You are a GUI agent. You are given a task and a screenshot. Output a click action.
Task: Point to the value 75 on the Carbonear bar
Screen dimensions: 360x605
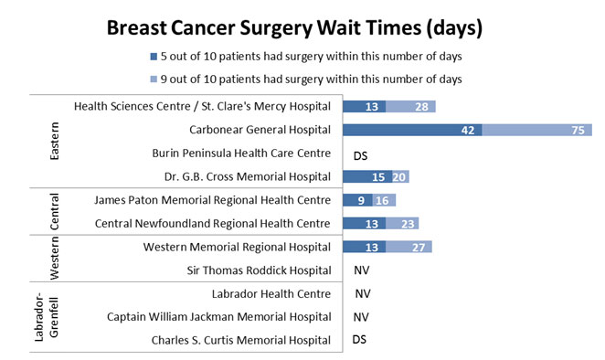point(578,131)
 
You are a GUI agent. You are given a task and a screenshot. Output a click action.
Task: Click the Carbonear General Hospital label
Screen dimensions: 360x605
point(260,130)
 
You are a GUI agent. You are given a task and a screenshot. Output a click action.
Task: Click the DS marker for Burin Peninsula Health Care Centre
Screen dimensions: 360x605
point(361,154)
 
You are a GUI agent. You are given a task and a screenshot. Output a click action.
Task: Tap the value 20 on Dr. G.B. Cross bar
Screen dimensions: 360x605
point(398,177)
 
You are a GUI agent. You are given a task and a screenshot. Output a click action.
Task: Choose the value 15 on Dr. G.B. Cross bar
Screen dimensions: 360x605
point(377,177)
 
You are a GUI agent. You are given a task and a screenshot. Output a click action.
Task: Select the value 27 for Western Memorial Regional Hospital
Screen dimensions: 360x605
point(419,248)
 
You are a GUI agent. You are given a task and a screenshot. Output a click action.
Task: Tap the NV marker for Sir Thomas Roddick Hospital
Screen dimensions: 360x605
point(362,271)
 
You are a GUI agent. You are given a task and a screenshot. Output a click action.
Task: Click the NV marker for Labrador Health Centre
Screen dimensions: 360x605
point(362,294)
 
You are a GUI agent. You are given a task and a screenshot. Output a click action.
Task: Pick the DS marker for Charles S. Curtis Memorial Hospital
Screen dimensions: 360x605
point(361,341)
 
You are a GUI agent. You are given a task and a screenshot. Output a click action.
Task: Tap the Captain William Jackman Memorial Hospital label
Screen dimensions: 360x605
point(218,317)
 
